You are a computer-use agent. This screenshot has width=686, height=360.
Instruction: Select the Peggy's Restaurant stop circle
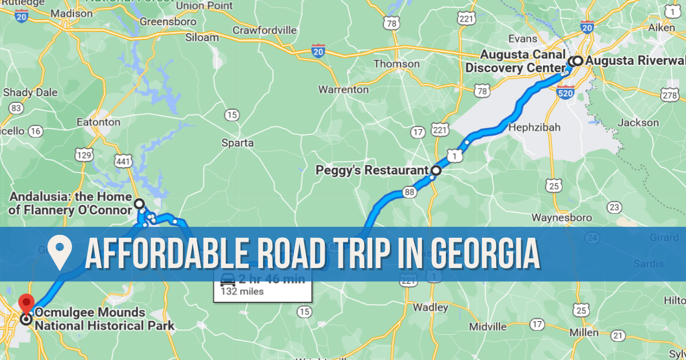tap(436, 170)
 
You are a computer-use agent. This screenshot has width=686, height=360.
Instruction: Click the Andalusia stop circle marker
tap(138, 203)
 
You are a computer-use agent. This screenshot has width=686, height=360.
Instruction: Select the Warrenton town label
tap(343, 90)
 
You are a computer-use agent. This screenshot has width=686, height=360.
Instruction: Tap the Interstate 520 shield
tap(565, 91)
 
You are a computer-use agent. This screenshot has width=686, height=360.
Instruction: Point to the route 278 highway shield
tap(669, 95)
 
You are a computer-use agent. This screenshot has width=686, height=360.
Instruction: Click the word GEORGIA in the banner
tap(485, 254)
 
